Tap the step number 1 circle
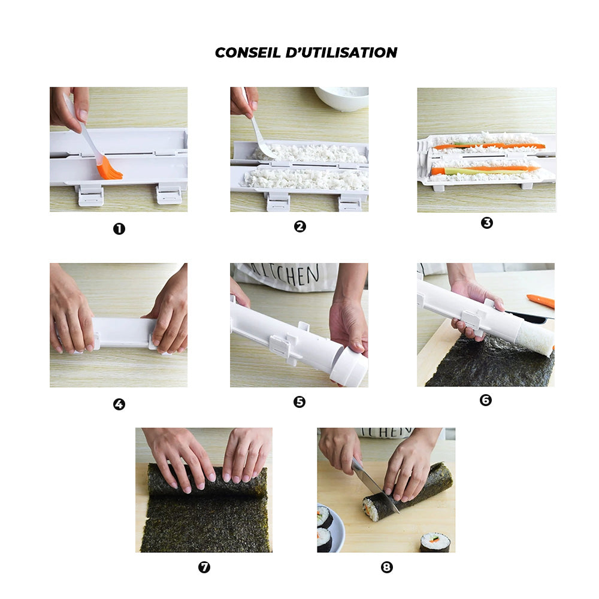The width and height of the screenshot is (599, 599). click(x=119, y=229)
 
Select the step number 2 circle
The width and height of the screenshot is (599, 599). click(x=300, y=226)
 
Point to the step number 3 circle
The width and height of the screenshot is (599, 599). click(x=487, y=223)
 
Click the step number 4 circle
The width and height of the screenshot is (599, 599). click(x=119, y=404)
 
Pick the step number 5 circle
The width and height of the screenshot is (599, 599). click(x=299, y=402)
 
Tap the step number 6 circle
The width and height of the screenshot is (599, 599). click(x=486, y=400)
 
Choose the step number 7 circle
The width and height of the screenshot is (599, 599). click(x=204, y=567)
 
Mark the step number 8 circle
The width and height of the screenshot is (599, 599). click(x=387, y=567)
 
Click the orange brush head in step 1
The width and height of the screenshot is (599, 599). click(x=110, y=170)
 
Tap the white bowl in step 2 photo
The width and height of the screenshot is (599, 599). click(x=341, y=98)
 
